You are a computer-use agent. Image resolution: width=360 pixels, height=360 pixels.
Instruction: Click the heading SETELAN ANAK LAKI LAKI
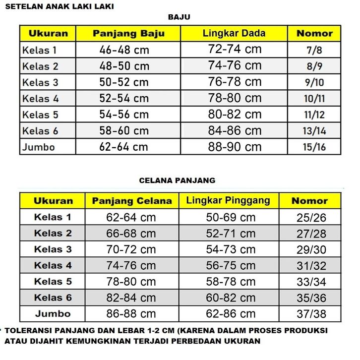[59, 6]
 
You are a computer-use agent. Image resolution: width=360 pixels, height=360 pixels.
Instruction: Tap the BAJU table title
[179, 17]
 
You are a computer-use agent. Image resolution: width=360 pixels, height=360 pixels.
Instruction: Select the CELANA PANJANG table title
[178, 180]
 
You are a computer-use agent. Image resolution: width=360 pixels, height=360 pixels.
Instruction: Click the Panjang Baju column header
[128, 34]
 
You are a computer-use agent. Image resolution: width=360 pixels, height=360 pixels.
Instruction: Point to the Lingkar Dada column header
[234, 34]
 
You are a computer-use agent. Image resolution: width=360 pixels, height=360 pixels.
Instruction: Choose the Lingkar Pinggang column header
[228, 200]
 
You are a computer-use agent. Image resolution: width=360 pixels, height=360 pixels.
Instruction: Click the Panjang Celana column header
[132, 201]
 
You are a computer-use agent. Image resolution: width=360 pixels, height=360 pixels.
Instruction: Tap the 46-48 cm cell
[124, 50]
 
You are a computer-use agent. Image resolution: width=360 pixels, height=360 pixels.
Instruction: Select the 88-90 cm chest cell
[235, 147]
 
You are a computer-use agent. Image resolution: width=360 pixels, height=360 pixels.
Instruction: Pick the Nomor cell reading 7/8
[314, 50]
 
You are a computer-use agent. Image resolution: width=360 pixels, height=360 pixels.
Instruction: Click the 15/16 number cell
[314, 147]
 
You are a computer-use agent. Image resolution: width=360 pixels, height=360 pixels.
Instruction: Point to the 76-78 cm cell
[235, 82]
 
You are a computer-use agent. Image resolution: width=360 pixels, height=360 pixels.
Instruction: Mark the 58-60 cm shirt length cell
[124, 131]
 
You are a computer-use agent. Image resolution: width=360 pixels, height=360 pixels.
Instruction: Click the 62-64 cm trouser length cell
[131, 217]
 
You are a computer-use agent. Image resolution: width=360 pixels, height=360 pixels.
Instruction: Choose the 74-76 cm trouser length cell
[131, 266]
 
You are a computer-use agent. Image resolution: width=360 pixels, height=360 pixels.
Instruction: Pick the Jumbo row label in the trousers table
[53, 314]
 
